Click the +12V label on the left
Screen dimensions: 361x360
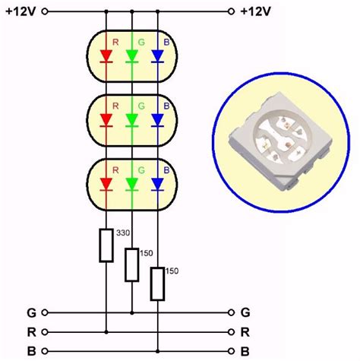pyautogui.click(x=19, y=11)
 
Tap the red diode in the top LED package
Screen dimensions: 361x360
pyautogui.click(x=106, y=55)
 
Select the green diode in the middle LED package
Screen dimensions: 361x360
pyautogui.click(x=132, y=119)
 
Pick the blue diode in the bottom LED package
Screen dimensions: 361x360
pyautogui.click(x=158, y=182)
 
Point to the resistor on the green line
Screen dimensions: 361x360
pyautogui.click(x=132, y=263)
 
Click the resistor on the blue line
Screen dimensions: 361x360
pyautogui.click(x=158, y=283)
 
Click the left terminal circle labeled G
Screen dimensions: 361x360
pyautogui.click(x=45, y=312)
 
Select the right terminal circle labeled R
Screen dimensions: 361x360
pyautogui.click(x=230, y=331)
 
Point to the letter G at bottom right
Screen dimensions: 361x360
pyautogui.click(x=245, y=312)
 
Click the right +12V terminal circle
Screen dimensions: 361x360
pyautogui.click(x=230, y=11)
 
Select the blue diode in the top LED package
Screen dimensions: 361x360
pyautogui.click(x=158, y=55)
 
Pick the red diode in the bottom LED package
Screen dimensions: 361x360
pyautogui.click(x=106, y=182)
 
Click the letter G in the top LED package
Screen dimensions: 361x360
pyautogui.click(x=141, y=43)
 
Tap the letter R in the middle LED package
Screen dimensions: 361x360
pyautogui.click(x=115, y=106)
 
